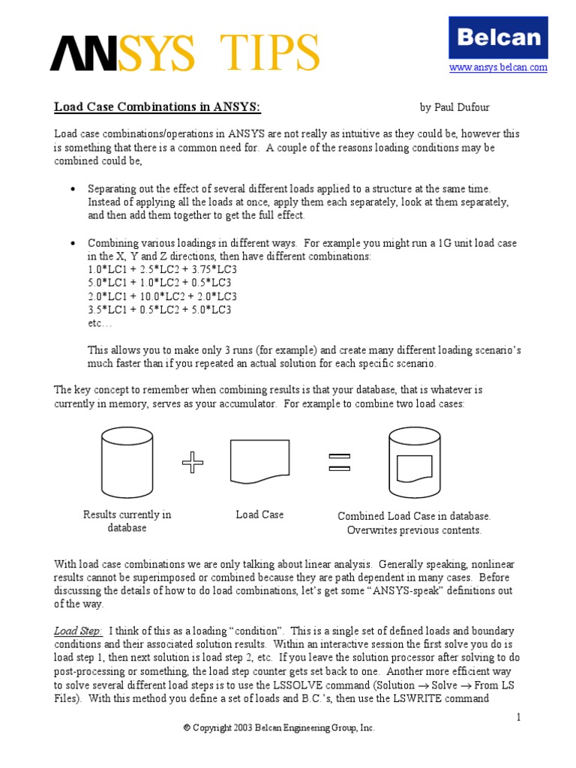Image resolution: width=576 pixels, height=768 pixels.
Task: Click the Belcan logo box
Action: pos(497,37)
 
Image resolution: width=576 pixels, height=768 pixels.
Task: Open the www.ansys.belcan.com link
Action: pos(498,67)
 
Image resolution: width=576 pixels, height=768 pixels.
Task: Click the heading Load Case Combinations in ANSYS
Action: pos(157,107)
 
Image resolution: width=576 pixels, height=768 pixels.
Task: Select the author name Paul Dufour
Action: pos(454,108)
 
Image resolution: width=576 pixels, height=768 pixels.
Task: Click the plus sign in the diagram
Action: pos(193,464)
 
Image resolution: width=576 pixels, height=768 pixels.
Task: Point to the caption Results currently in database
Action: pos(127,521)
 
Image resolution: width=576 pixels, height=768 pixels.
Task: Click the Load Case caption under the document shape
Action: pos(259,514)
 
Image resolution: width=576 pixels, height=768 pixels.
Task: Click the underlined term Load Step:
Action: pos(78,631)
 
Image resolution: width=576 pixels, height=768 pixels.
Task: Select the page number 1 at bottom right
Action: pos(517,718)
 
